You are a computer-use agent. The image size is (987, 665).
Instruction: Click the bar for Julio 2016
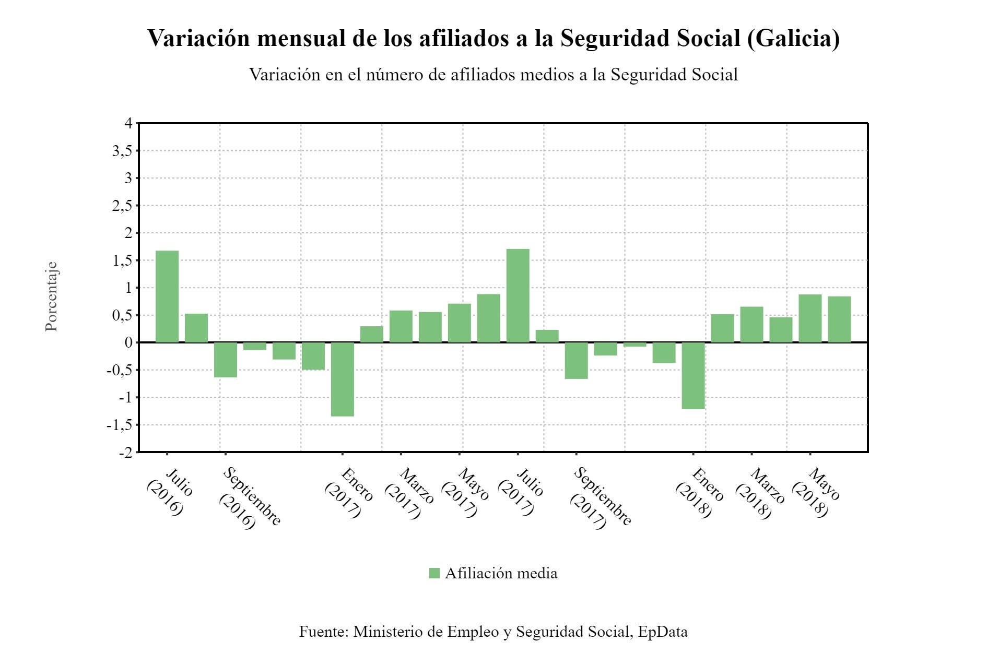(167, 296)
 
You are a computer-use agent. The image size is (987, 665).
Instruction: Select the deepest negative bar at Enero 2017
(343, 379)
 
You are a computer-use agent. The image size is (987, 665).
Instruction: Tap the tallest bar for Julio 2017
(518, 296)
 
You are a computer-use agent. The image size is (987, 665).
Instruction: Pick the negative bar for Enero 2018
(694, 376)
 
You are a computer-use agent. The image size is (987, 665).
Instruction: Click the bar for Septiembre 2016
(226, 360)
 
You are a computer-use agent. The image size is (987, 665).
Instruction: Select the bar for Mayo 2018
(810, 318)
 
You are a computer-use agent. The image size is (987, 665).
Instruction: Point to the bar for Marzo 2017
(401, 327)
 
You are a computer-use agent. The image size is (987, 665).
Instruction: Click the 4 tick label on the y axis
(128, 124)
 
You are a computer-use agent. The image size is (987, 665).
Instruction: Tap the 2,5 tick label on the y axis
(122, 206)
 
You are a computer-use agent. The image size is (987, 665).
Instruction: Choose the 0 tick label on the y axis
(128, 343)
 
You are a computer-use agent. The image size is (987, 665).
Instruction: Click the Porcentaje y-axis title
(51, 296)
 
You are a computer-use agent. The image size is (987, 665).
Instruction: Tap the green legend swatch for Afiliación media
(434, 573)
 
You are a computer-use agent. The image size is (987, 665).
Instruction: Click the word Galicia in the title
(793, 38)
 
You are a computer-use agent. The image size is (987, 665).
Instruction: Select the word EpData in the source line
(663, 632)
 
